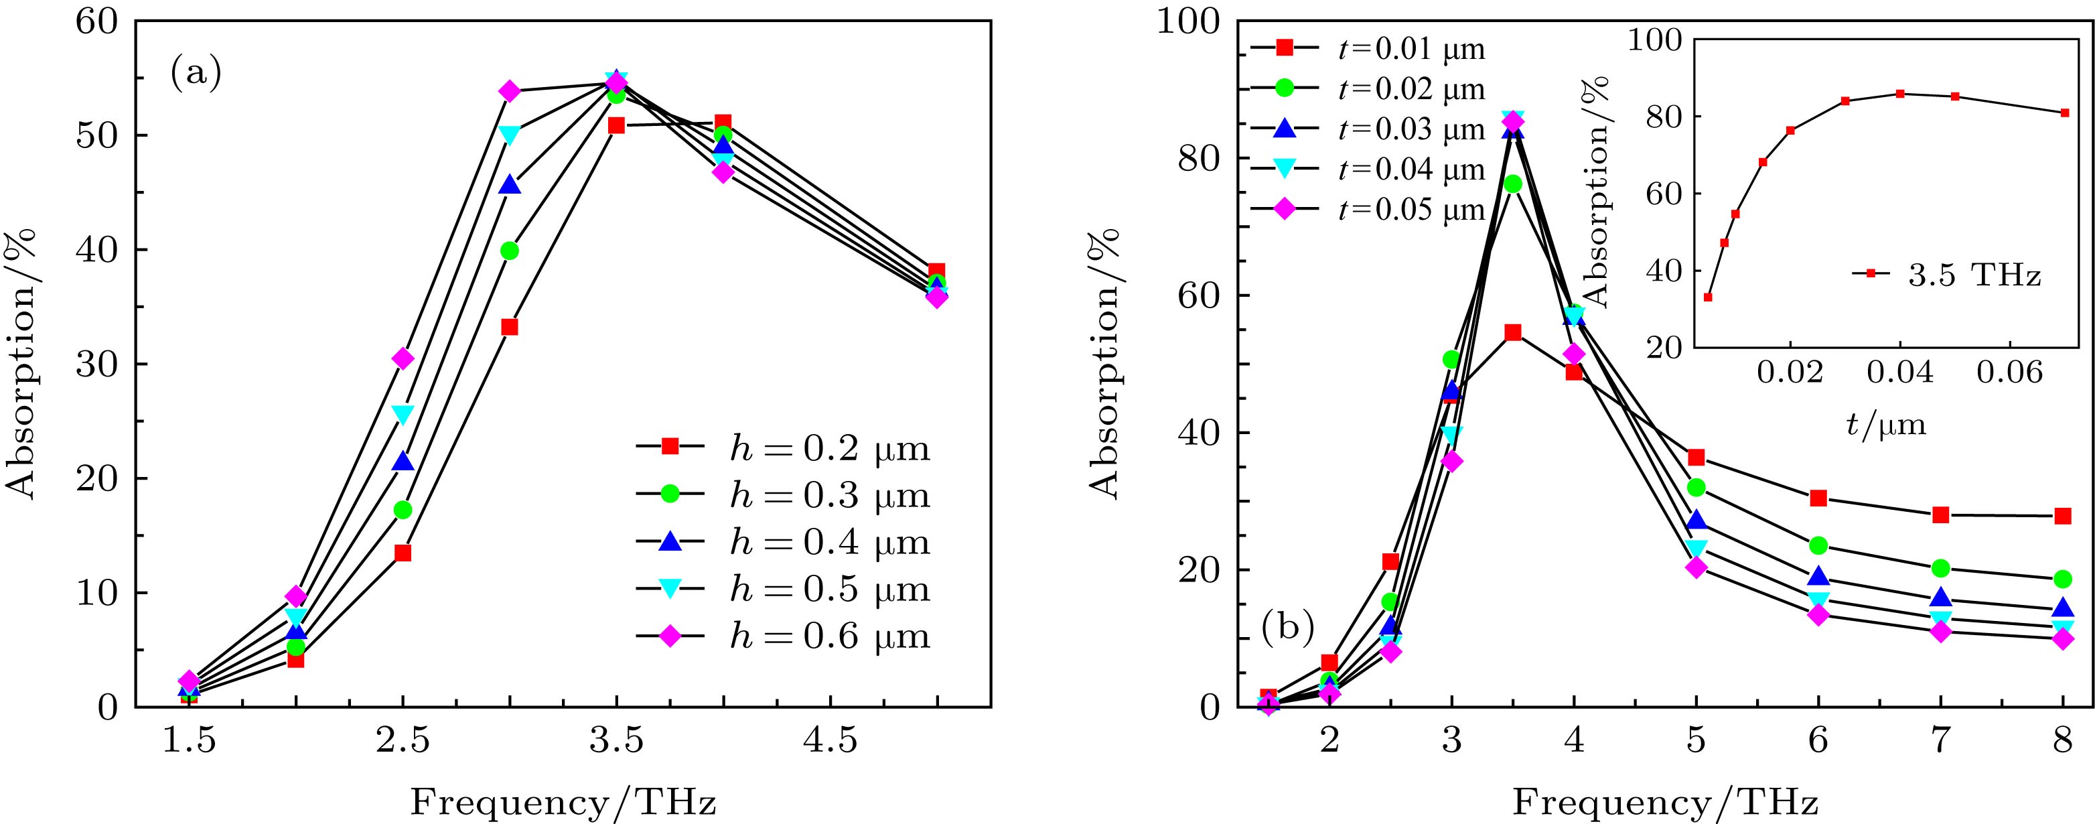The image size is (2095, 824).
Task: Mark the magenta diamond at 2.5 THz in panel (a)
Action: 403,358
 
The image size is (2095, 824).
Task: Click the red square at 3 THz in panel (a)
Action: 510,327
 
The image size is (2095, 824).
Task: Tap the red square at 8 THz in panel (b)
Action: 2062,516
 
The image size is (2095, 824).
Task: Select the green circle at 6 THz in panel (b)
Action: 1818,545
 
